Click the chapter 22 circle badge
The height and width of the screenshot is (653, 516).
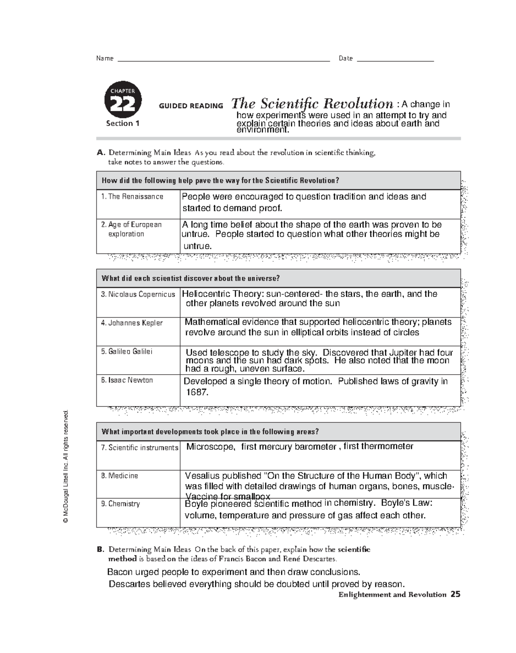123,99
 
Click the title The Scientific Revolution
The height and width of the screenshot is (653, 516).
312,104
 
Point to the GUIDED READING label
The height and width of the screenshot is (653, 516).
191,106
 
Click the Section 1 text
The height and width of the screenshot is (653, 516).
123,124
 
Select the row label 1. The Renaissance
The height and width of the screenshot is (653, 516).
132,197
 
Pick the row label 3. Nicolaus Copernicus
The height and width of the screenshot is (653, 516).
138,294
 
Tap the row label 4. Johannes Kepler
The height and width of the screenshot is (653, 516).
132,323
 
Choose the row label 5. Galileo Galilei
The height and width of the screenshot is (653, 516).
126,351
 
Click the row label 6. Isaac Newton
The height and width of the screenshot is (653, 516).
127,380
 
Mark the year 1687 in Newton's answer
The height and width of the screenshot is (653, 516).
197,392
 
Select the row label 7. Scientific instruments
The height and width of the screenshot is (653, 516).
139,448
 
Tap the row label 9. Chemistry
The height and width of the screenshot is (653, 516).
120,504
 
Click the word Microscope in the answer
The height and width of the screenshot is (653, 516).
211,447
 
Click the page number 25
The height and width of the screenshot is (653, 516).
455,595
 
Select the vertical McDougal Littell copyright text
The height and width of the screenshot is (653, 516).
66,466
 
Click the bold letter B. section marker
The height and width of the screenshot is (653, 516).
101,549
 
